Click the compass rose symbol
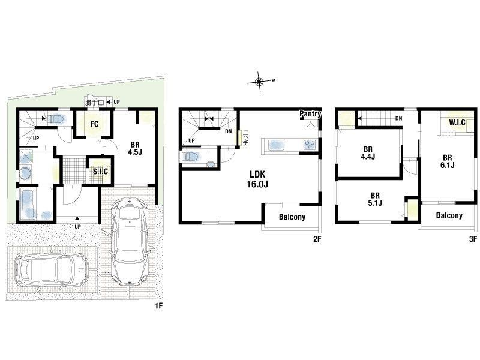click(260, 82)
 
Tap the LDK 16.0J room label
click(257, 179)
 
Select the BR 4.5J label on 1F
click(135, 148)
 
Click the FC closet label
click(94, 124)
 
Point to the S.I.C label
click(100, 171)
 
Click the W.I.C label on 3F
click(457, 122)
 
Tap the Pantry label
click(310, 113)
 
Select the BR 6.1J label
click(447, 161)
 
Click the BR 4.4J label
click(368, 153)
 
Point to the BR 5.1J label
click(375, 199)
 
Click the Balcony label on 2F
click(292, 217)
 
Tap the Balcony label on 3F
click(449, 215)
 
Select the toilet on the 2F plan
click(191, 157)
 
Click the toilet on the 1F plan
click(57, 119)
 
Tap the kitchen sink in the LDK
click(276, 145)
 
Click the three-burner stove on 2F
click(310, 145)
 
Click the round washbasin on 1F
click(25, 173)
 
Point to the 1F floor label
click(158, 306)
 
